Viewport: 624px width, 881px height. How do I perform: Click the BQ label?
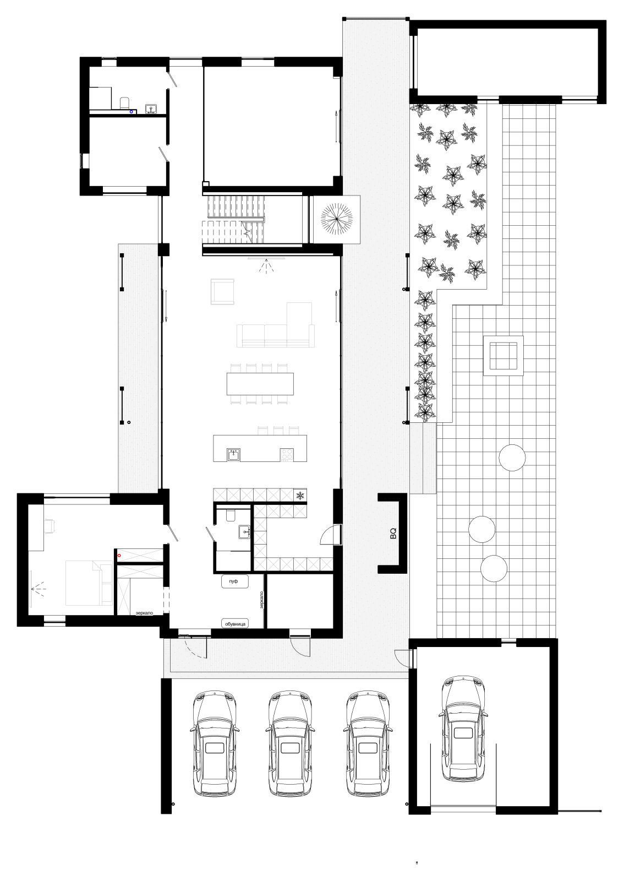393,533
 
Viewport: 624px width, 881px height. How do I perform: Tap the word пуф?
234,582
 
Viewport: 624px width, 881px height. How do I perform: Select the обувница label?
236,623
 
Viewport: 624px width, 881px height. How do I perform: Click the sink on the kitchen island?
234,455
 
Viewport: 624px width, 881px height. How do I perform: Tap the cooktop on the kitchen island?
287,455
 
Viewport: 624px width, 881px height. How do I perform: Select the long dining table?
260,384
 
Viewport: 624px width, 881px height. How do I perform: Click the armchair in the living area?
222,291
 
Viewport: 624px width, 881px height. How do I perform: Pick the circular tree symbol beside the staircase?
336,219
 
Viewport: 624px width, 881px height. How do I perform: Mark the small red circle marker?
119,556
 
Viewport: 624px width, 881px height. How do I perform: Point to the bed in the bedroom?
84,584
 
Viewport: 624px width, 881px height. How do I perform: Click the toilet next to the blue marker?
124,102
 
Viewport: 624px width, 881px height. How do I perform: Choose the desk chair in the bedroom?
50,525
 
